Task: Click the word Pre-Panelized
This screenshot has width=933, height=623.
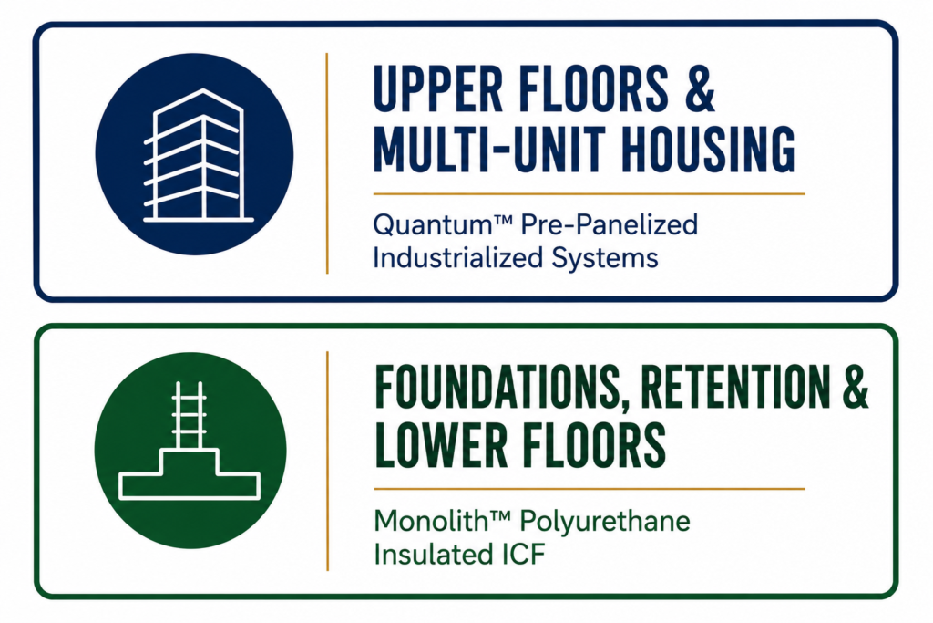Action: [610, 224]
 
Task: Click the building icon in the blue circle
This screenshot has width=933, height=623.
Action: [198, 156]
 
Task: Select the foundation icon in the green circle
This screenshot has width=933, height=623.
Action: [190, 441]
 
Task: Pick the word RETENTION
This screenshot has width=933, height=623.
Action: [735, 387]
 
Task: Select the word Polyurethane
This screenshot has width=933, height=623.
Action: [605, 523]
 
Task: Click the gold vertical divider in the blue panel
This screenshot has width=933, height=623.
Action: [327, 163]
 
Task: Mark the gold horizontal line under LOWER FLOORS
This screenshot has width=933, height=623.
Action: [590, 489]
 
